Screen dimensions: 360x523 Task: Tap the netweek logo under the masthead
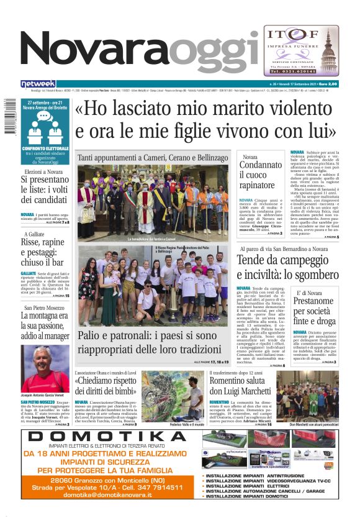coord(38,83)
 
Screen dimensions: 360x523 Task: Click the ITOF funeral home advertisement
coord(302,50)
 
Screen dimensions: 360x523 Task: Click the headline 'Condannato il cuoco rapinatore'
coord(261,175)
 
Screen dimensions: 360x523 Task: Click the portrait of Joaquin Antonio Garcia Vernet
coord(45,369)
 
